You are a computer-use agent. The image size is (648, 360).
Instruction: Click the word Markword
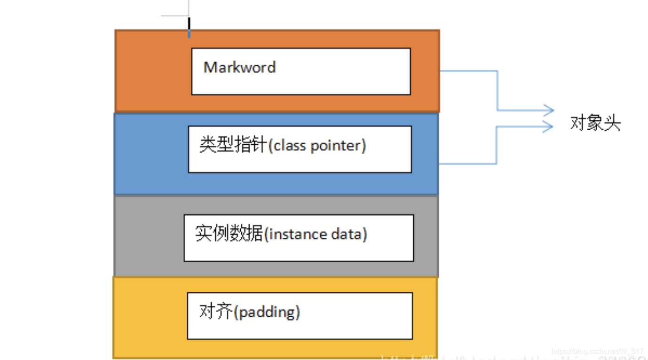point(239,67)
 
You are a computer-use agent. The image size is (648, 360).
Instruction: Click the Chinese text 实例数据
point(229,234)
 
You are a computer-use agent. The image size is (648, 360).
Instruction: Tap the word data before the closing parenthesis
point(348,234)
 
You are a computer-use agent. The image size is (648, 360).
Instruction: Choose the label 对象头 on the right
point(595,124)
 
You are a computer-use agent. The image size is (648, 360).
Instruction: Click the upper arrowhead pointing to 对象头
point(548,110)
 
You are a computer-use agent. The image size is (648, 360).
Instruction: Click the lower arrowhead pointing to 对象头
point(547,126)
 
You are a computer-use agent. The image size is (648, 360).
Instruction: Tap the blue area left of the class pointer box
point(150,153)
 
